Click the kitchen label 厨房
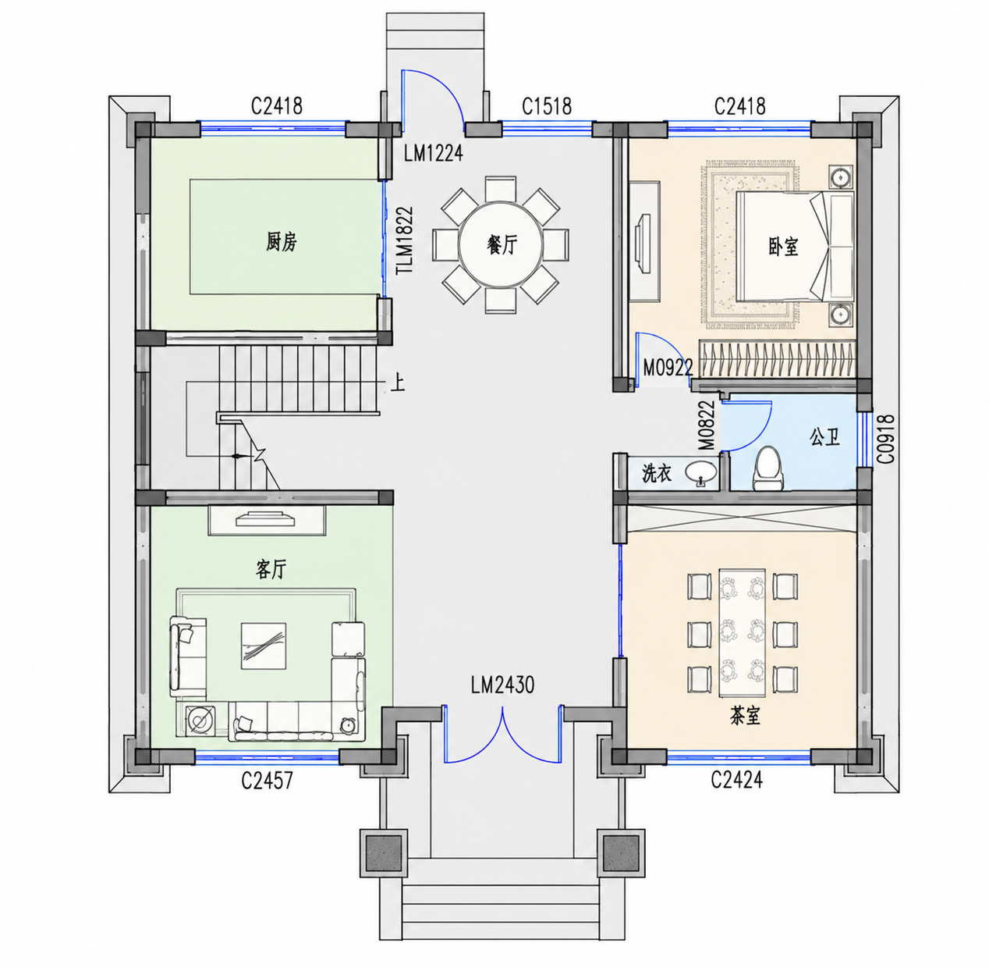[x=281, y=242]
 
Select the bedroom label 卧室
[x=783, y=247]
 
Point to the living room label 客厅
[x=271, y=569]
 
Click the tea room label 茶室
[x=745, y=717]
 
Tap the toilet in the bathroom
[x=768, y=468]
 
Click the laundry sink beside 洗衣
[x=701, y=473]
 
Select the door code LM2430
[x=502, y=685]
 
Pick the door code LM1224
[x=433, y=153]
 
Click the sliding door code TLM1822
[x=405, y=240]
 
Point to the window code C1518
[x=546, y=107]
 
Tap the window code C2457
[x=267, y=781]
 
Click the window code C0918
[x=886, y=440]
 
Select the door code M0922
[x=668, y=368]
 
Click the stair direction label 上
[x=398, y=383]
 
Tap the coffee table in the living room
[x=264, y=646]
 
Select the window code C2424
[x=736, y=779]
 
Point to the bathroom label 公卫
[x=824, y=437]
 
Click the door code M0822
[x=707, y=425]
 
